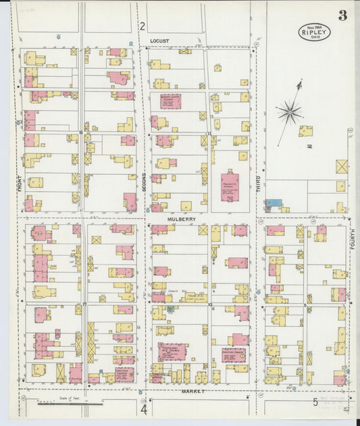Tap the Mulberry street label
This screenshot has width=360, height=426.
pyautogui.click(x=182, y=219)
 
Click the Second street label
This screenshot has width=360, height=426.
pyautogui.click(x=144, y=183)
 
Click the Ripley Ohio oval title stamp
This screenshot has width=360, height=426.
pyautogui.click(x=314, y=32)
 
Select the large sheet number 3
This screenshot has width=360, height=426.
pyautogui.click(x=342, y=16)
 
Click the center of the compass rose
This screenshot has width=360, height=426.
pyautogui.click(x=290, y=112)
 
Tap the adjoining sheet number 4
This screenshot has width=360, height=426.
pyautogui.click(x=144, y=409)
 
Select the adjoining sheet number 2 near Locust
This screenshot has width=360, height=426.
pyautogui.click(x=142, y=26)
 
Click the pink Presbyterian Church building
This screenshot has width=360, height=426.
pyautogui.click(x=230, y=186)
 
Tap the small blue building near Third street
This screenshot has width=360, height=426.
pyautogui.click(x=273, y=203)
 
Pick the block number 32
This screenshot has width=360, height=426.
pyautogui.click(x=309, y=146)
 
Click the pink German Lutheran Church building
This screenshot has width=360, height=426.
pyautogui.click(x=170, y=101)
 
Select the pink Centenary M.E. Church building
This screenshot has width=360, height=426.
pyautogui.click(x=173, y=352)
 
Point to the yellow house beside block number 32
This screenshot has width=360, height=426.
pyautogui.click(x=306, y=131)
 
